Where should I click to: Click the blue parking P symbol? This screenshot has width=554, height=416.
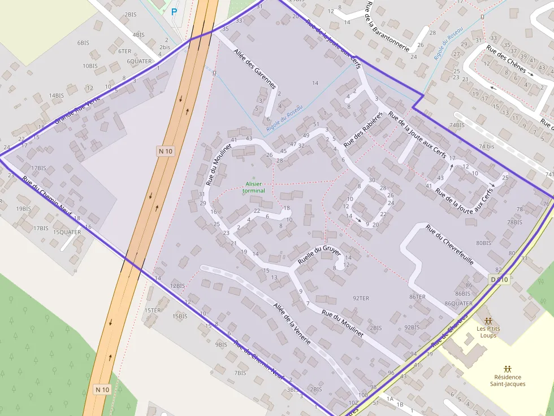coord(174,11)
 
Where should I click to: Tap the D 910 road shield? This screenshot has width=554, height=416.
coord(499,279)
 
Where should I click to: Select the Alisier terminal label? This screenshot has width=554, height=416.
coord(253,187)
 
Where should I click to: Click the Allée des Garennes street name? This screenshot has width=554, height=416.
coord(255,69)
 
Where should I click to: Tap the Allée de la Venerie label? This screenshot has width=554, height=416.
coord(292,323)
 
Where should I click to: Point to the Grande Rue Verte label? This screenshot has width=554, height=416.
coord(77,110)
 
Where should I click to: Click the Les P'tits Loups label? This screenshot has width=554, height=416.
coord(487,332)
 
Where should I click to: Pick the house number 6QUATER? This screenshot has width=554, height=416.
coord(139,62)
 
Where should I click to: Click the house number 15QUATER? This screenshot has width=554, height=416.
coord(67,232)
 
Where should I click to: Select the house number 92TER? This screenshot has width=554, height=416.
coord(361,298)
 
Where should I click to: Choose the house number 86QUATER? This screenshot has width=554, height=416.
coord(458,304)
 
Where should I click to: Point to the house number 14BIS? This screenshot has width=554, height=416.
coord(57,96)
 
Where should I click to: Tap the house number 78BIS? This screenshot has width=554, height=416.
coord(514,222)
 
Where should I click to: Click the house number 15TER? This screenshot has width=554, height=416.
coord(153,310)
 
